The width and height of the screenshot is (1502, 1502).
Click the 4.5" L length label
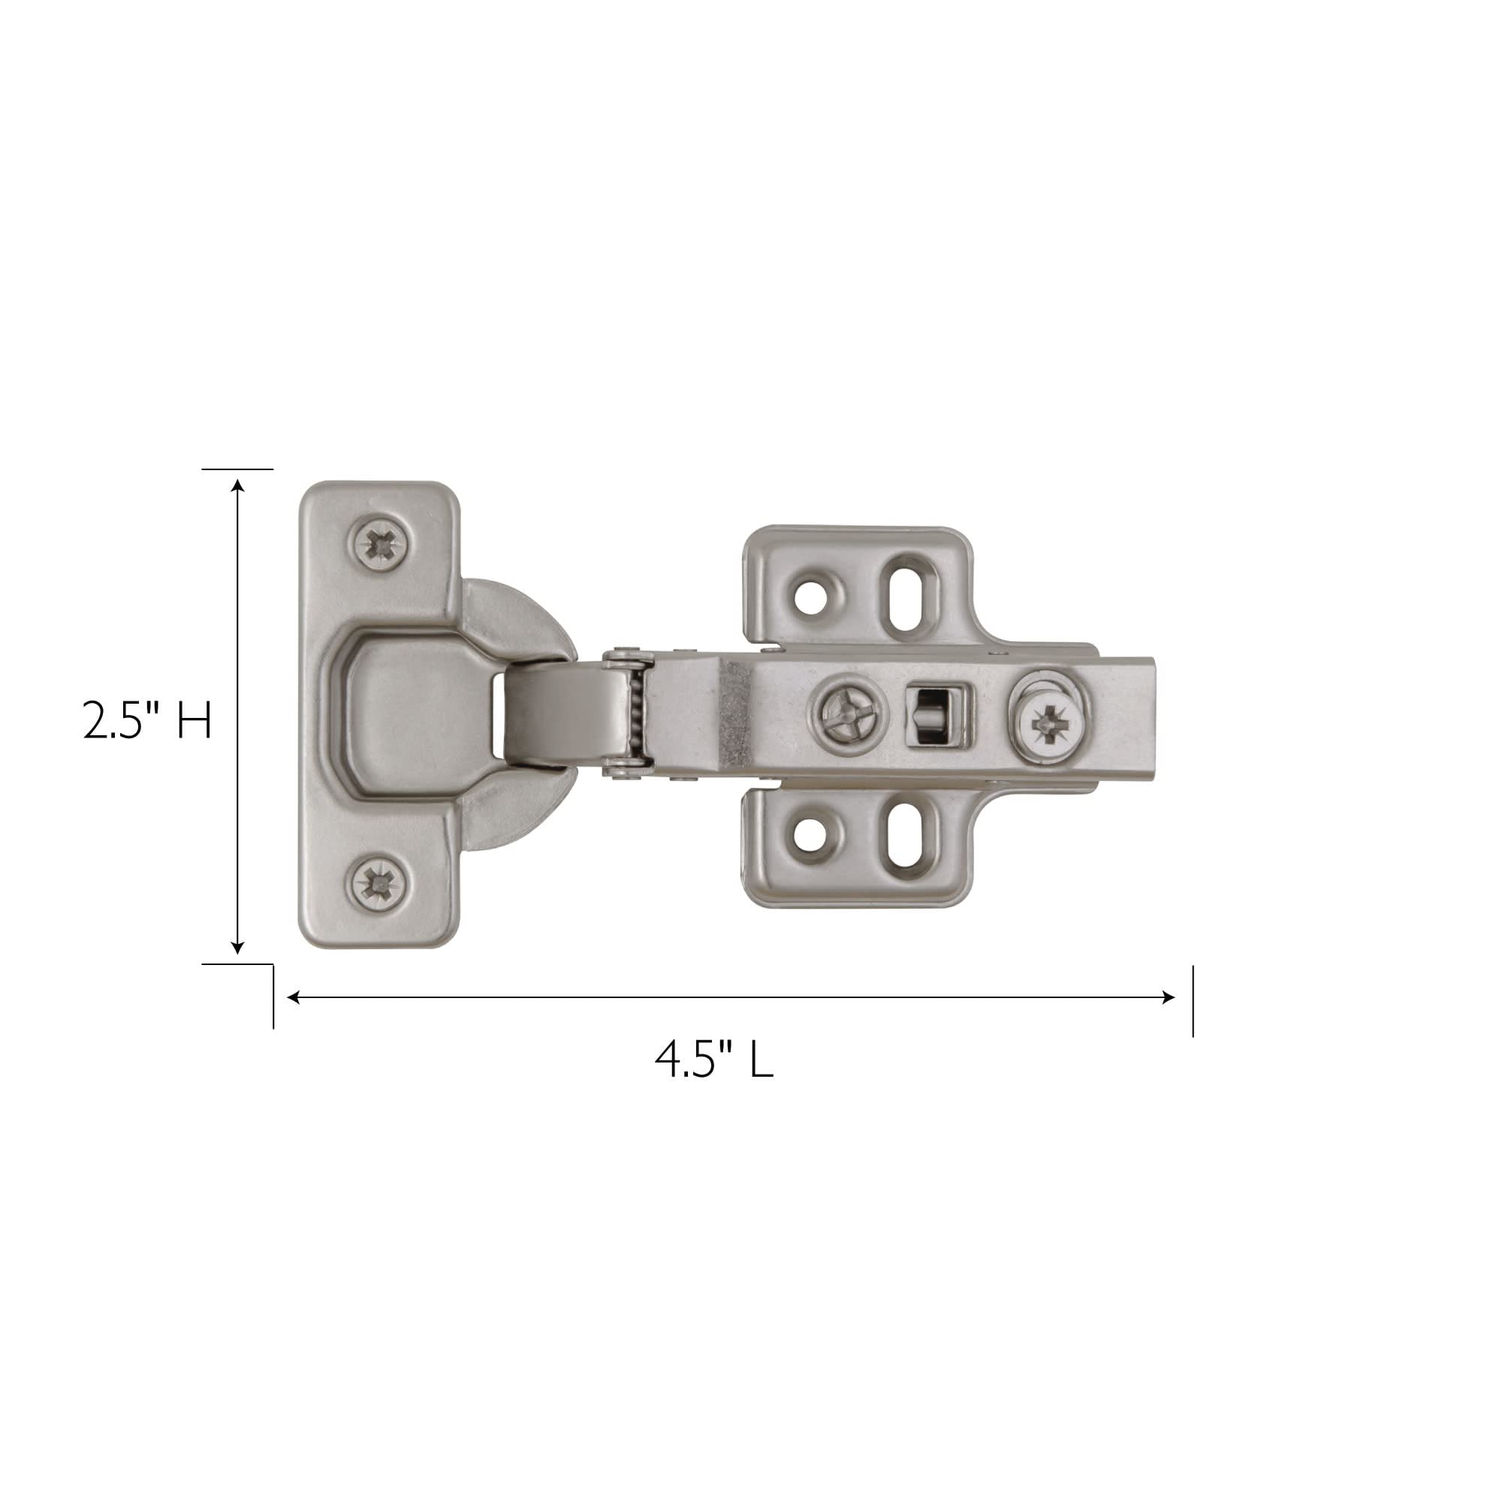coord(713,1059)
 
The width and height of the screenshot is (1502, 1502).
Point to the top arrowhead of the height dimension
coord(238,487)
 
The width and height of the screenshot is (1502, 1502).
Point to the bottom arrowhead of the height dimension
coord(238,949)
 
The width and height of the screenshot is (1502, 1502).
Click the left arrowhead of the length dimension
coord(294,997)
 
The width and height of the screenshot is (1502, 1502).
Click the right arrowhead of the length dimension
coord(1168,997)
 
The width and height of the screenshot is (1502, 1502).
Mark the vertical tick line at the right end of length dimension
coord(1193,1001)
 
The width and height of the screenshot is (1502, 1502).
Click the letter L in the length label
coord(762,1059)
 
